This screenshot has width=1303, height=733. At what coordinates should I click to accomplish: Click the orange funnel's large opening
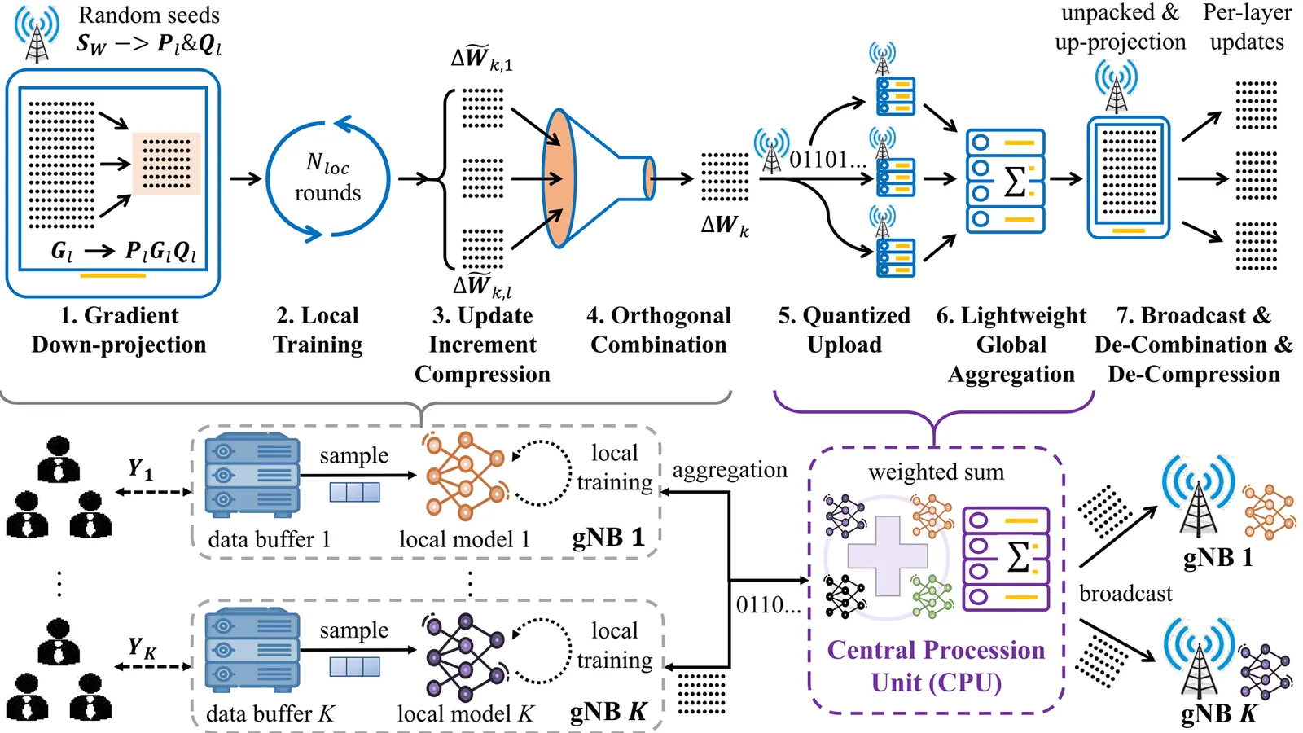(559, 178)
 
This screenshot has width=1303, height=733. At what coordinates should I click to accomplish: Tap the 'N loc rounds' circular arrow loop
(328, 179)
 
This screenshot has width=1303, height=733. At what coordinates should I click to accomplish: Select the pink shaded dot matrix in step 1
(166, 164)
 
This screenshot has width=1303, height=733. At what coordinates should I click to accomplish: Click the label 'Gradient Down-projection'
(119, 330)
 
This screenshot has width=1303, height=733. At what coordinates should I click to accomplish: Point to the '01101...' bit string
(827, 160)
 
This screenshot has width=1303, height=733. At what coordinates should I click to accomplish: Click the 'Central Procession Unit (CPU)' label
(936, 666)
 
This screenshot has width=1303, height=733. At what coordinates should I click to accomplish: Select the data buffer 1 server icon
(252, 476)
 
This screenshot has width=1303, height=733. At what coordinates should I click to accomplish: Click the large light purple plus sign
(888, 556)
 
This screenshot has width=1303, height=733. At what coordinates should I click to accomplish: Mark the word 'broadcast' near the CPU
(1125, 594)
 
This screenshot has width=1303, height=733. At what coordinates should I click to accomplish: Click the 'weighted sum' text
(936, 472)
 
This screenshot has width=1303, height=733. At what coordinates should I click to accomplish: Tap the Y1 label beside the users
(140, 469)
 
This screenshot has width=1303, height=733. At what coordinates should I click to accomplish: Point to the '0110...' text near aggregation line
(768, 605)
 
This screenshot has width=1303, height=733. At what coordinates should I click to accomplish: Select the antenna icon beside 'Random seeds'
(37, 34)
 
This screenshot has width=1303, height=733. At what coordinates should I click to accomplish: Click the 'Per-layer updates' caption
(1247, 27)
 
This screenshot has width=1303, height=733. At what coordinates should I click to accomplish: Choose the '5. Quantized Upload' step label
(844, 330)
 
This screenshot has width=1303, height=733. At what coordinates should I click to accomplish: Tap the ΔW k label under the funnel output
(724, 226)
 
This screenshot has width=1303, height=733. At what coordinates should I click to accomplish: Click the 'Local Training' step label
(318, 330)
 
